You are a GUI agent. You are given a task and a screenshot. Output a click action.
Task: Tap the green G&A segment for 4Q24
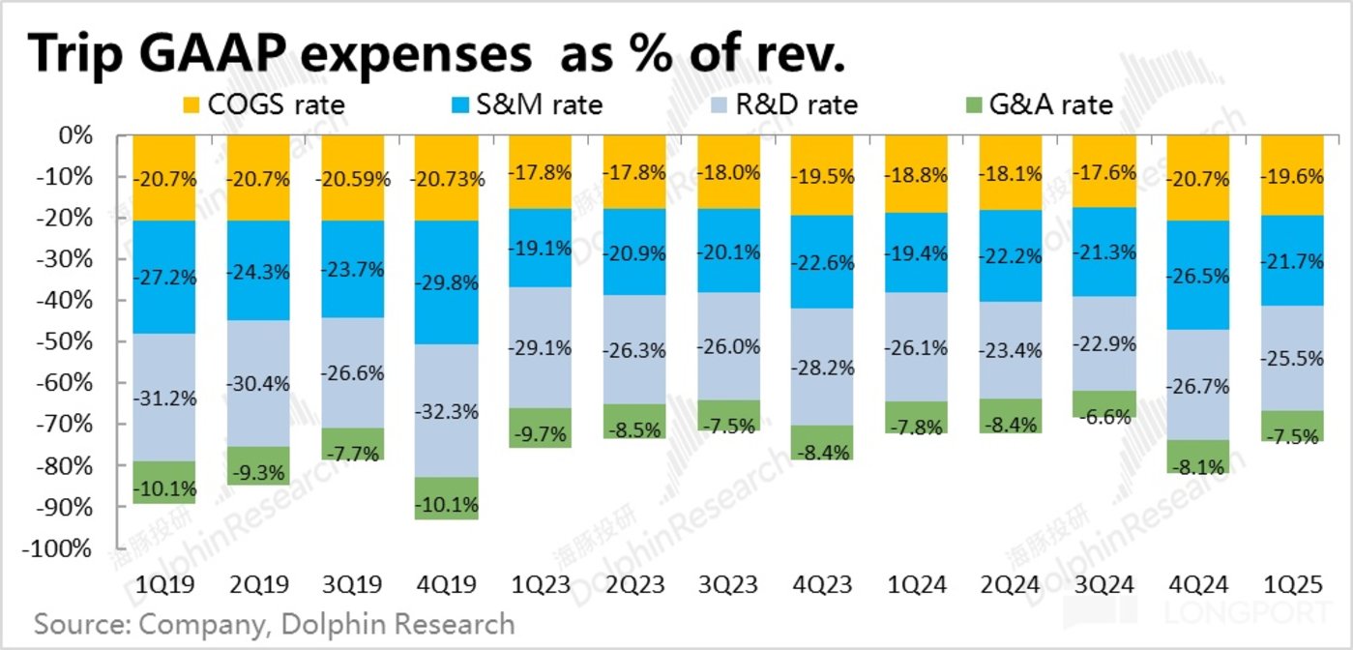(1198, 456)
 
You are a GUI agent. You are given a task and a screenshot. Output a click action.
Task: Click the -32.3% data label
(448, 411)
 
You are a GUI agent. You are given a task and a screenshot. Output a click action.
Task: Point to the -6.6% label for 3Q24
(1103, 418)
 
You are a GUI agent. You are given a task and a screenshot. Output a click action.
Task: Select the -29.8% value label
(448, 282)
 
